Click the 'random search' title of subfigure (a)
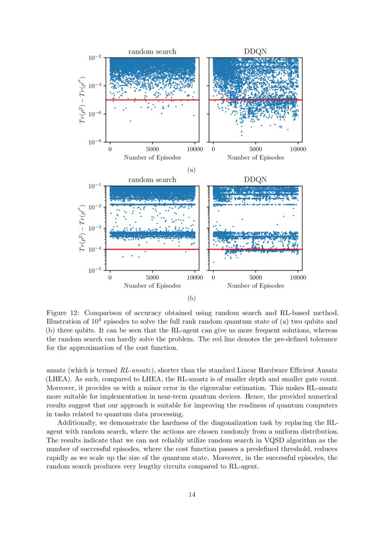[x=152, y=52]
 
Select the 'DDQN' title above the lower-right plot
[x=255, y=180]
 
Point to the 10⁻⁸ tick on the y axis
[x=96, y=142]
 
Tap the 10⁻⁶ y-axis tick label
[x=96, y=114]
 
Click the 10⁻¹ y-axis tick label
[x=96, y=186]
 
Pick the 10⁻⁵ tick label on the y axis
[x=96, y=270]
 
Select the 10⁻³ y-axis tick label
[x=96, y=228]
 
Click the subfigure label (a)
[x=190, y=170]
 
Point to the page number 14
[x=192, y=494]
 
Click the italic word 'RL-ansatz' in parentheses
[x=135, y=371]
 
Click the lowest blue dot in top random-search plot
[x=130, y=121]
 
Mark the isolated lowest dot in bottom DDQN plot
[x=214, y=262]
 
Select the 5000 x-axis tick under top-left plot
[x=152, y=150]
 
